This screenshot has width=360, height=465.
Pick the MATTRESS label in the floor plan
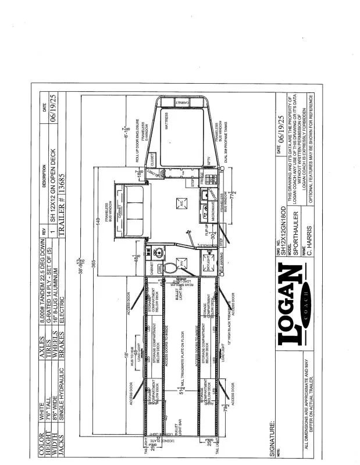click(x=172, y=119)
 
